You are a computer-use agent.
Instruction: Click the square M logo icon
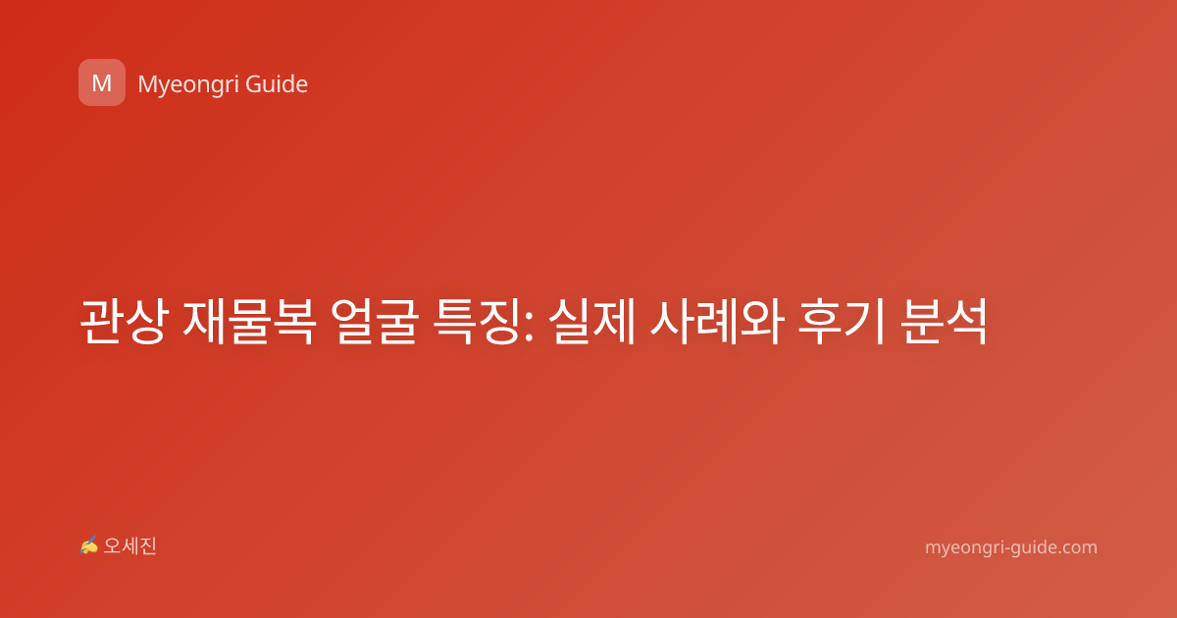(102, 82)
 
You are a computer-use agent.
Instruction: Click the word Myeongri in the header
(187, 85)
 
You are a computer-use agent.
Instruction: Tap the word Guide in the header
(277, 83)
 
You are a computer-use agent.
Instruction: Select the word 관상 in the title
(123, 321)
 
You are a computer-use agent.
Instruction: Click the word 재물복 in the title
(249, 321)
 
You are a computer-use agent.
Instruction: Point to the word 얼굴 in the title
(375, 321)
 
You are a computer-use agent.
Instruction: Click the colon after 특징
(529, 327)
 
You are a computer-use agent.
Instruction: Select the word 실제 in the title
(592, 321)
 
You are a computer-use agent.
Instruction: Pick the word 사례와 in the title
(717, 321)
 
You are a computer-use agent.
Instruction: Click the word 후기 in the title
(842, 321)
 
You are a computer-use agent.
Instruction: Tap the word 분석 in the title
(944, 321)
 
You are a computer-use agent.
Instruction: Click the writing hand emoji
(88, 545)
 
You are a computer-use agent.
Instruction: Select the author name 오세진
(129, 546)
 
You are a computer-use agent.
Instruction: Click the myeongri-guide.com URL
(1011, 547)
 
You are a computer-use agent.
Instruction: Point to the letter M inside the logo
(102, 83)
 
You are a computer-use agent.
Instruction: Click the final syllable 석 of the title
(966, 321)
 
